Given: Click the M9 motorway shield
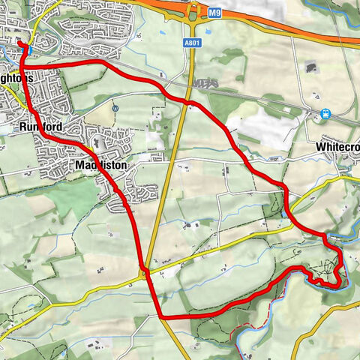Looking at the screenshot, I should pos(216,13).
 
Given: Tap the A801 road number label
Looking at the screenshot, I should pos(192,43).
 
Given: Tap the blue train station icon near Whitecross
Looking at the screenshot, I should pos(325,115).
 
